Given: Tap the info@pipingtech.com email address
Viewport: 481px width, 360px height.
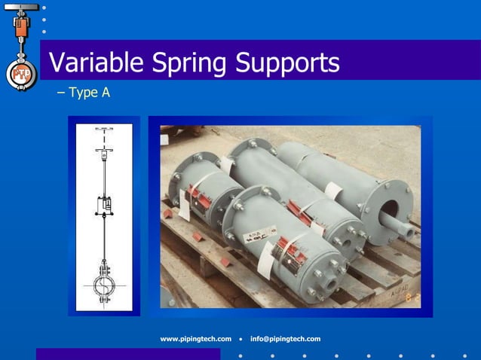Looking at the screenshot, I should tap(285, 339).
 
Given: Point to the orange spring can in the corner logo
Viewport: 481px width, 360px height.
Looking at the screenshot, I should tap(21, 29).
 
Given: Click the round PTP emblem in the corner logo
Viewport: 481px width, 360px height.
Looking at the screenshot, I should tap(21, 74).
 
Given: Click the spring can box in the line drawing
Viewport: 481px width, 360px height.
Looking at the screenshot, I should tap(105, 203).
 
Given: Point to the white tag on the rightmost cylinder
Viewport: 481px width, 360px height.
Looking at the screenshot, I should tap(332, 191).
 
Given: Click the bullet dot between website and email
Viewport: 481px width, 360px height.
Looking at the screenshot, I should tap(240, 339).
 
